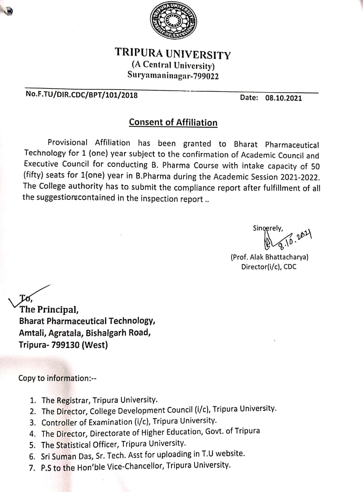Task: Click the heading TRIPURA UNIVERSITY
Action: (173, 53)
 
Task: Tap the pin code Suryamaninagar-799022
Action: (173, 75)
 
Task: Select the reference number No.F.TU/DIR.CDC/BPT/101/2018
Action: (82, 95)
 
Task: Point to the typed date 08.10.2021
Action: (283, 98)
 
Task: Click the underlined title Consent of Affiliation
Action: (173, 123)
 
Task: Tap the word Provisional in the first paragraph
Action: (68, 143)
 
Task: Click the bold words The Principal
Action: (49, 309)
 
